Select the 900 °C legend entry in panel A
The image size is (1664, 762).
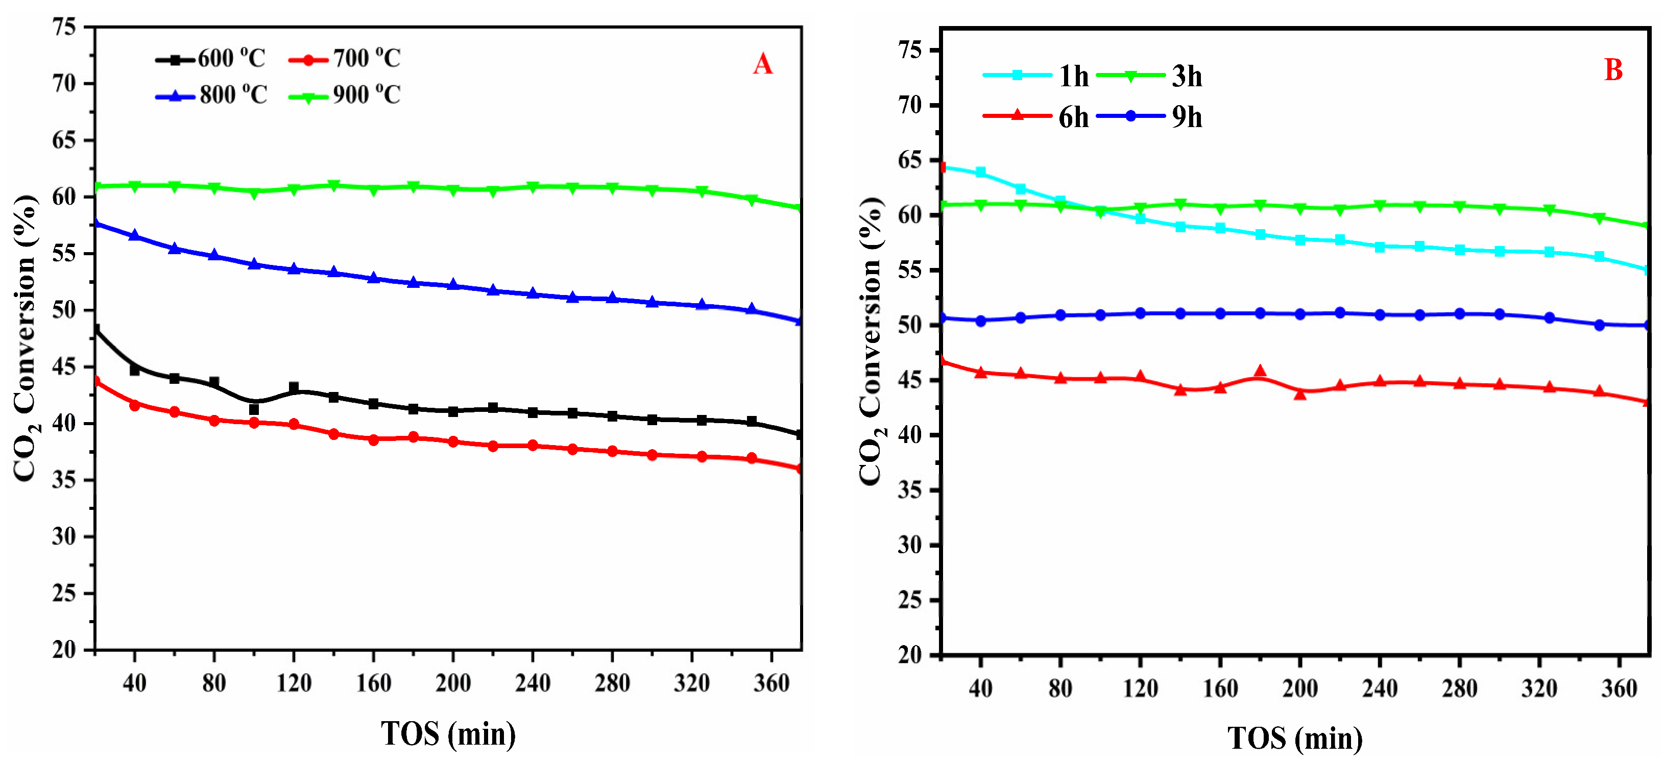(x=345, y=95)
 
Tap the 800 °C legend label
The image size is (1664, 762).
(x=232, y=95)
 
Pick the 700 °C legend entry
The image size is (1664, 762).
(x=345, y=59)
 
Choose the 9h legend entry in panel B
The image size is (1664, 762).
(x=1150, y=117)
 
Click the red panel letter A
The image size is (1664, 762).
(x=762, y=65)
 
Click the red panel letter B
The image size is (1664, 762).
(x=1613, y=70)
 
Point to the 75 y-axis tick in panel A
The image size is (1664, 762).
(x=65, y=27)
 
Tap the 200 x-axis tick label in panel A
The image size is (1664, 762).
(x=453, y=682)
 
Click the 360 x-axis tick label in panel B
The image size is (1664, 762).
(x=1619, y=689)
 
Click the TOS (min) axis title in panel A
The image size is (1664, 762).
(x=448, y=733)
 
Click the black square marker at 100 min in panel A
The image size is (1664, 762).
(x=254, y=409)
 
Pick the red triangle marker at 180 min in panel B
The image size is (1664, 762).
(x=1260, y=372)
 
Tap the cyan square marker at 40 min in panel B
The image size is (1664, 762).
(x=980, y=173)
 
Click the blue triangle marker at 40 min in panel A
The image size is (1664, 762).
(x=134, y=236)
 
